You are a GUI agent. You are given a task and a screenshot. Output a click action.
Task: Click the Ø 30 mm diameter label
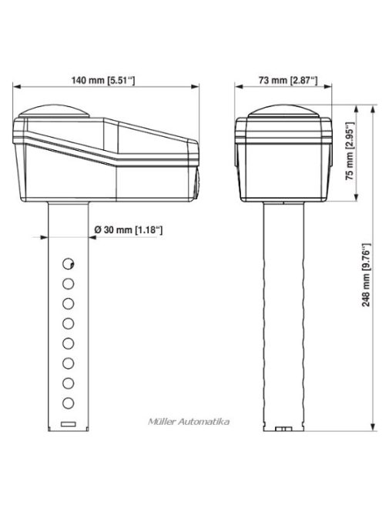point(129,229)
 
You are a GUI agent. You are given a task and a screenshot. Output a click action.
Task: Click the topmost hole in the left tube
point(69,262)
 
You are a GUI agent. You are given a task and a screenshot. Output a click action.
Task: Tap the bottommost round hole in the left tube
point(69,402)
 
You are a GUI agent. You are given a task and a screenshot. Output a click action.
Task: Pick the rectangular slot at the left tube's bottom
point(69,424)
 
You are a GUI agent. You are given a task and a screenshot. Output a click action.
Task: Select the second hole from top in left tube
point(69,282)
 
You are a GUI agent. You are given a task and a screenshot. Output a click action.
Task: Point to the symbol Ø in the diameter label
point(96,229)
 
